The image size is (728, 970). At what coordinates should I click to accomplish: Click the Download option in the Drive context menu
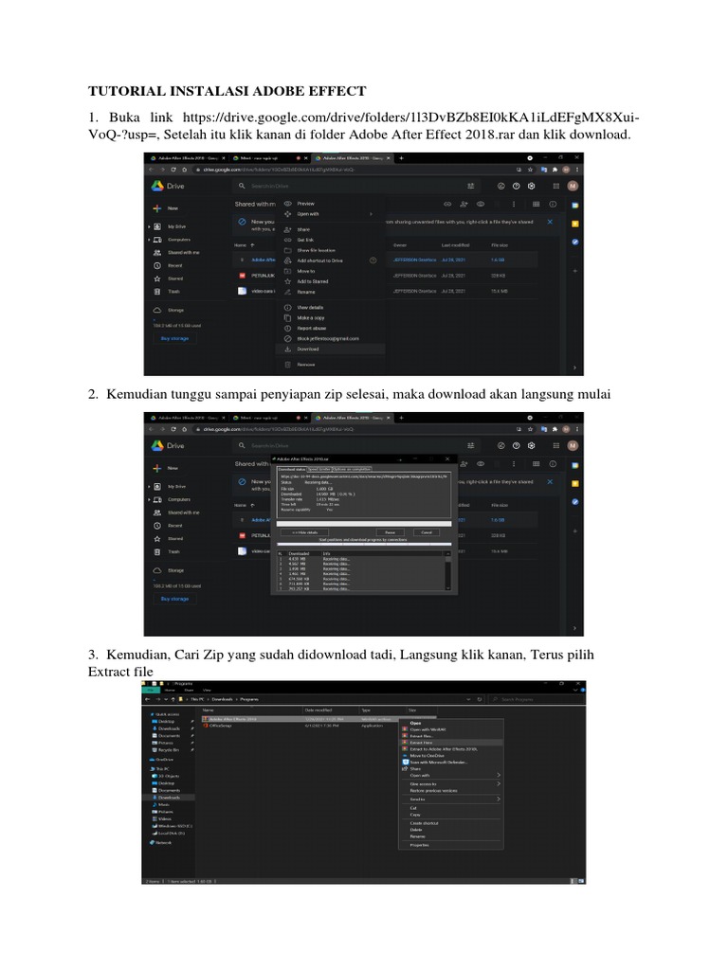click(x=307, y=349)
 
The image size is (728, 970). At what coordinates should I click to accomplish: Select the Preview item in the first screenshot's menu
click(x=305, y=204)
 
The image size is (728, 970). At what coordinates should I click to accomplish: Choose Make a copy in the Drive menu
click(x=310, y=316)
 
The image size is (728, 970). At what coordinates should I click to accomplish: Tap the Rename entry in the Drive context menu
click(x=306, y=292)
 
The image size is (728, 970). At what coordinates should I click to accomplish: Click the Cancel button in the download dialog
click(x=426, y=532)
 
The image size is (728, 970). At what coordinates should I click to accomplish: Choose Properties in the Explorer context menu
click(x=419, y=844)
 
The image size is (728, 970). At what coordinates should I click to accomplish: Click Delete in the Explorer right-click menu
click(x=415, y=829)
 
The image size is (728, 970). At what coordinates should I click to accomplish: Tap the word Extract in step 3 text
click(x=110, y=670)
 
